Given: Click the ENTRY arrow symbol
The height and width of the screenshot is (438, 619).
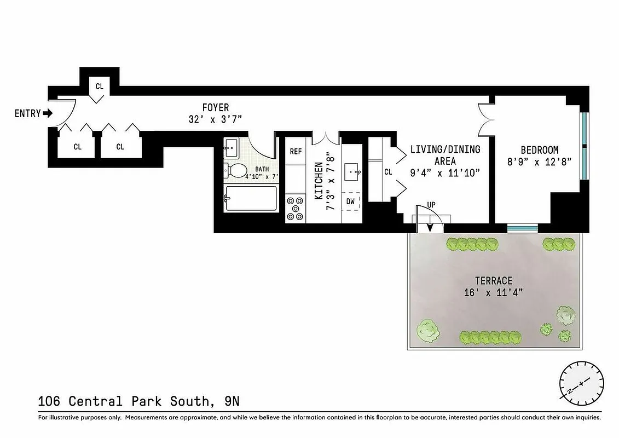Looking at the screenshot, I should (48, 114).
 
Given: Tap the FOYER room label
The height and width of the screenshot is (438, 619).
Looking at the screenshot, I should (215, 108).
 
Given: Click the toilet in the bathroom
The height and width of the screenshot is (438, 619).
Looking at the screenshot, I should (236, 170).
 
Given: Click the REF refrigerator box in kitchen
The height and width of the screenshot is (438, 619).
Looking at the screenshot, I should (296, 152).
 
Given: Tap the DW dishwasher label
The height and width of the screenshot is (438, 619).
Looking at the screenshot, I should (350, 201).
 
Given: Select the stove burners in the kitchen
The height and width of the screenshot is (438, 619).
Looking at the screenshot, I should (296, 208).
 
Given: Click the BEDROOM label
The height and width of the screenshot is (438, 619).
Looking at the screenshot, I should (539, 150).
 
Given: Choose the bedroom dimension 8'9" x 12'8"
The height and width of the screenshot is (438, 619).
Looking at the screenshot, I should (539, 162).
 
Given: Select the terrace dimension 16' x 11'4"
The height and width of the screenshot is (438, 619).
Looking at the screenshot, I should (493, 292).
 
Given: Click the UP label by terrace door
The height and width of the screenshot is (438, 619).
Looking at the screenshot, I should (431, 205).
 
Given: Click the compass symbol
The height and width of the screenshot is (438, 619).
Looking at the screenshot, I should (581, 382).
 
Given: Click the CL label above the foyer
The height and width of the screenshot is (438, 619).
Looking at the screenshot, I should (99, 86).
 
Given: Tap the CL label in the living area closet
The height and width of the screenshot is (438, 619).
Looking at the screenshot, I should (388, 172).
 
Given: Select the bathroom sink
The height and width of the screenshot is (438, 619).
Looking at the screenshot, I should (231, 146).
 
